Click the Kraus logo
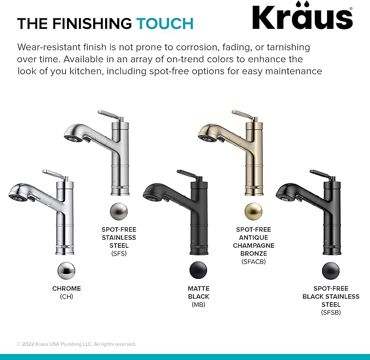coord(302,18)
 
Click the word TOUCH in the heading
coord(165,23)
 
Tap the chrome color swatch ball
coord(66,270)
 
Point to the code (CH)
coord(66,297)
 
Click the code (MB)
coord(198,305)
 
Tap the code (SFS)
coord(118,253)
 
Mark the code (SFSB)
coord(331,313)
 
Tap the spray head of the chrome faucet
coord(21,192)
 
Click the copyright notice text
coord(76,344)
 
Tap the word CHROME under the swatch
coord(66,289)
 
